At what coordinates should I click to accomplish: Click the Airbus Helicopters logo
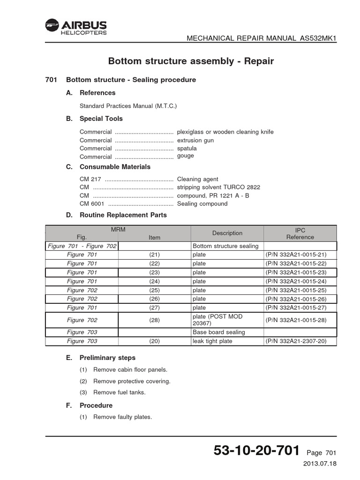tap(76, 27)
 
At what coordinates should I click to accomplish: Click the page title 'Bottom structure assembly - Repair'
tap(191, 61)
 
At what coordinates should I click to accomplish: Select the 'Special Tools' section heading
tap(101, 119)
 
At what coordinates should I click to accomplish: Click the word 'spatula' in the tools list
tap(187, 148)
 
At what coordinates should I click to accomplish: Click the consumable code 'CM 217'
tap(90, 179)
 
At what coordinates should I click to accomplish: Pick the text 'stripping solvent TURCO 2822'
tap(218, 187)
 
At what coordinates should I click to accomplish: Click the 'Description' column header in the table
tap(227, 233)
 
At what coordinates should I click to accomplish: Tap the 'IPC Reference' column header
tap(300, 233)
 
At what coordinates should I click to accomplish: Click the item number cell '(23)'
tap(155, 272)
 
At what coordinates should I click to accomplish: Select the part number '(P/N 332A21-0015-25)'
tap(300, 290)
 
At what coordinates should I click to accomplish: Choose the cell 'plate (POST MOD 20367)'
tap(218, 320)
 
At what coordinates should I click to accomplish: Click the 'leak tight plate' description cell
tap(212, 341)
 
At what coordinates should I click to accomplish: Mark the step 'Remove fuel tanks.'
tap(120, 392)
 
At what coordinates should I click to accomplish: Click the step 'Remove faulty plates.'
tap(123, 417)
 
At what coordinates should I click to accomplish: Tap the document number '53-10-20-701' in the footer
tap(256, 451)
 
